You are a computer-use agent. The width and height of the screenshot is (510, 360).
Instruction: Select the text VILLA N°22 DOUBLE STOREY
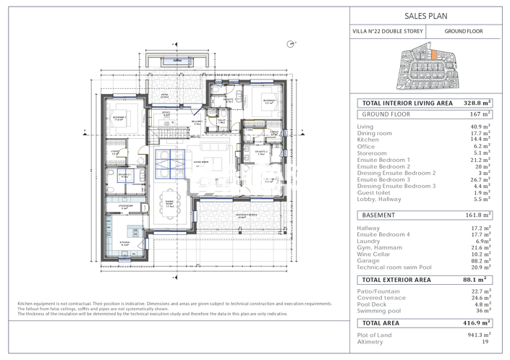tap(387, 32)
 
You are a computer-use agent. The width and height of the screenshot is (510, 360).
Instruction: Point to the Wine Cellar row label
tap(375, 254)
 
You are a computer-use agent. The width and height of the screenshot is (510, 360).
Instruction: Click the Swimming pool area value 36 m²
tap(482, 312)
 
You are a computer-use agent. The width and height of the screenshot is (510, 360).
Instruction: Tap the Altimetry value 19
tap(486, 342)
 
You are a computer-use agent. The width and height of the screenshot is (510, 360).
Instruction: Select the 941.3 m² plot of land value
tap(479, 335)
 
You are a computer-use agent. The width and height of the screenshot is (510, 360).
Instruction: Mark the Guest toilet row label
tap(376, 193)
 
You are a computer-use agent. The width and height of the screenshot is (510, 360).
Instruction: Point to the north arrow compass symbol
tap(291, 44)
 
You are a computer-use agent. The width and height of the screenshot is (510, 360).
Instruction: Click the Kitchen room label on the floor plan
tap(124, 245)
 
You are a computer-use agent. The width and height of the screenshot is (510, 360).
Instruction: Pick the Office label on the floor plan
tap(166, 113)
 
